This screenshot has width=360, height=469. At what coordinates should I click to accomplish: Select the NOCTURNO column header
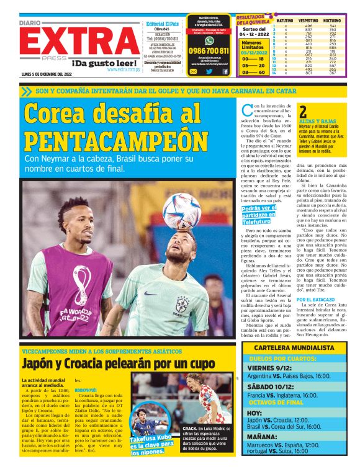point(331,21)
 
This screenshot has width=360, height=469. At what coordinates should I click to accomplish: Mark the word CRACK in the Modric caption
point(190,428)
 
